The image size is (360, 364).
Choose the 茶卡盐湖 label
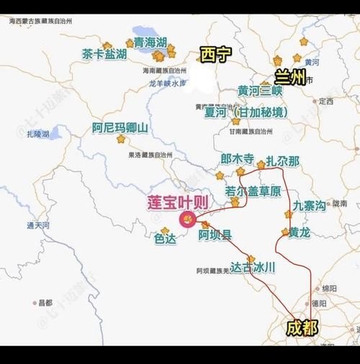point(104,55)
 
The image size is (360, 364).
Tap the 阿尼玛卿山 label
point(120,128)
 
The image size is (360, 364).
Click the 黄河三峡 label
point(260,91)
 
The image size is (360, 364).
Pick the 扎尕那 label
point(282,161)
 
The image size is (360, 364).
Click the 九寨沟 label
point(309,206)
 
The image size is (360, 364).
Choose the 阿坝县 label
point(215,235)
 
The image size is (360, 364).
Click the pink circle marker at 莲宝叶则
point(187,219)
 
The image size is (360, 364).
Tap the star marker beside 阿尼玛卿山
point(120,139)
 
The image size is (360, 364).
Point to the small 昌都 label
point(46,303)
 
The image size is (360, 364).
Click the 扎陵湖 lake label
point(36,135)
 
